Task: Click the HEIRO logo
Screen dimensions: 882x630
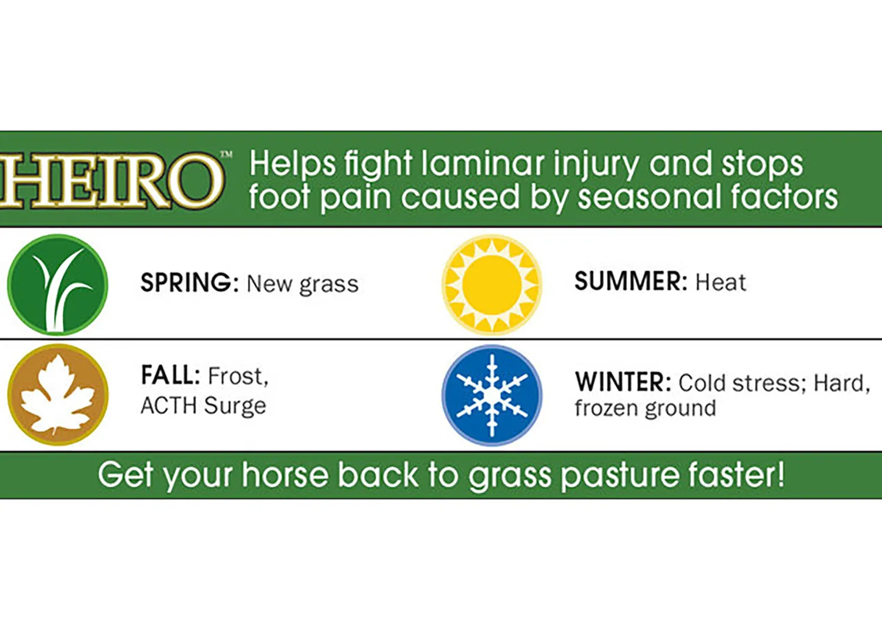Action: [112, 181]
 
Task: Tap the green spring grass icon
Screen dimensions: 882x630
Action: [58, 285]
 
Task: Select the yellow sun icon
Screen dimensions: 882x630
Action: [492, 285]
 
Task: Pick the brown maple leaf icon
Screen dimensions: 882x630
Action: [58, 395]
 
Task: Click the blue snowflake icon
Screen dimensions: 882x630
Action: [492, 395]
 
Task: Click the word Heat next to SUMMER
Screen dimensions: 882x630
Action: [720, 282]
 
